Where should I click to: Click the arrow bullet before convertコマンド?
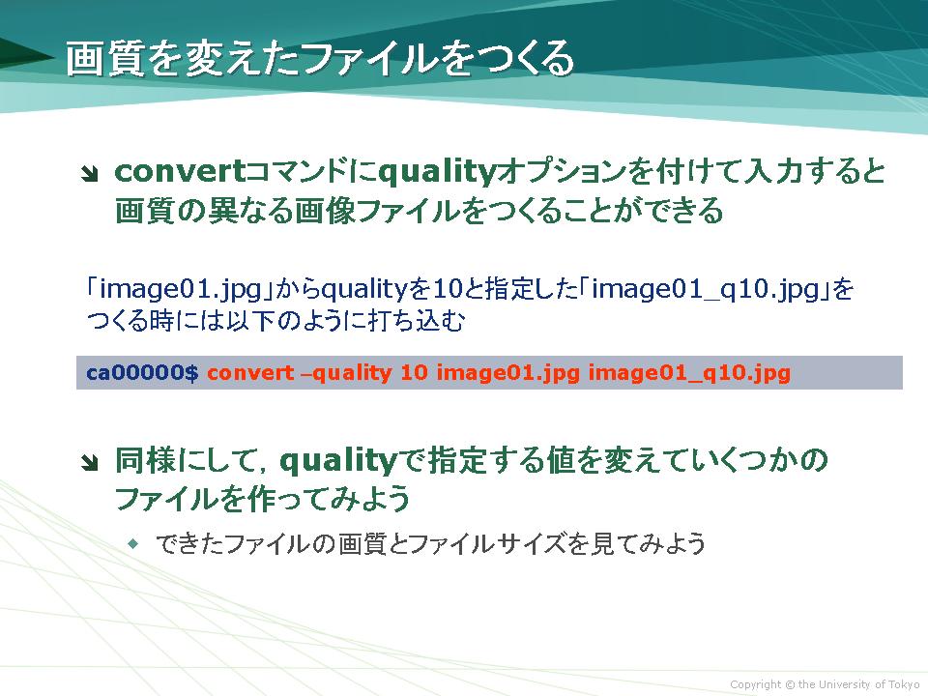click(x=89, y=174)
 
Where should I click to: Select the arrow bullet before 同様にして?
click(x=89, y=463)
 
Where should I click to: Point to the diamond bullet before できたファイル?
click(x=133, y=542)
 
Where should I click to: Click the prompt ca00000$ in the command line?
click(x=142, y=373)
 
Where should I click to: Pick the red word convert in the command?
click(x=250, y=373)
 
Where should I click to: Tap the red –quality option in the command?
click(x=346, y=373)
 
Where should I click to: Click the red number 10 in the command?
click(x=414, y=373)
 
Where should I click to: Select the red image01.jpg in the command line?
click(x=507, y=373)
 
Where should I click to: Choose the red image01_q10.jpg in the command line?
click(x=689, y=373)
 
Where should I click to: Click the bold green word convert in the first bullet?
click(x=180, y=172)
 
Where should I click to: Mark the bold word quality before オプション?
click(x=436, y=173)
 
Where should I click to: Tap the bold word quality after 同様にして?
click(x=337, y=462)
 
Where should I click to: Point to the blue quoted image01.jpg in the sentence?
click(x=181, y=289)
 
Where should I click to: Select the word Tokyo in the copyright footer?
click(x=905, y=684)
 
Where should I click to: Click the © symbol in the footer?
click(x=790, y=684)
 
